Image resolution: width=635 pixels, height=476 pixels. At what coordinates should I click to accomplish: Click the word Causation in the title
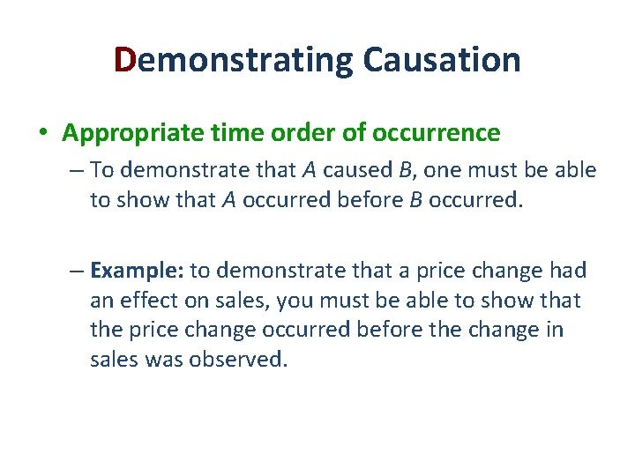(x=441, y=60)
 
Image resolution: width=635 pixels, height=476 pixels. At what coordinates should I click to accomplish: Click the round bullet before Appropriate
(x=43, y=133)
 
